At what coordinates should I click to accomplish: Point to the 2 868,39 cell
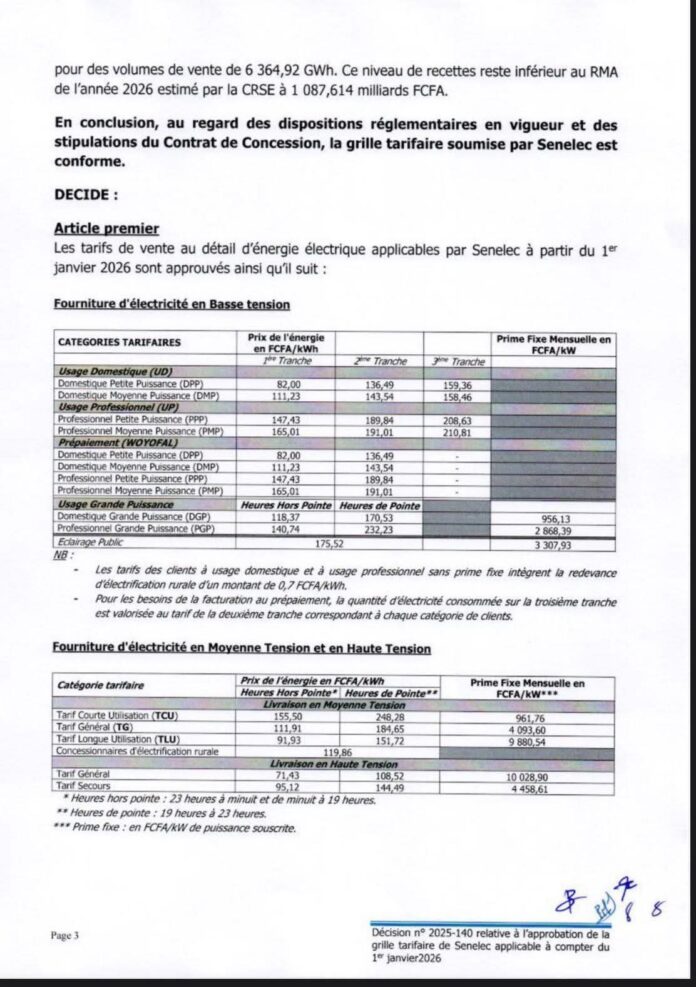click(556, 530)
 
